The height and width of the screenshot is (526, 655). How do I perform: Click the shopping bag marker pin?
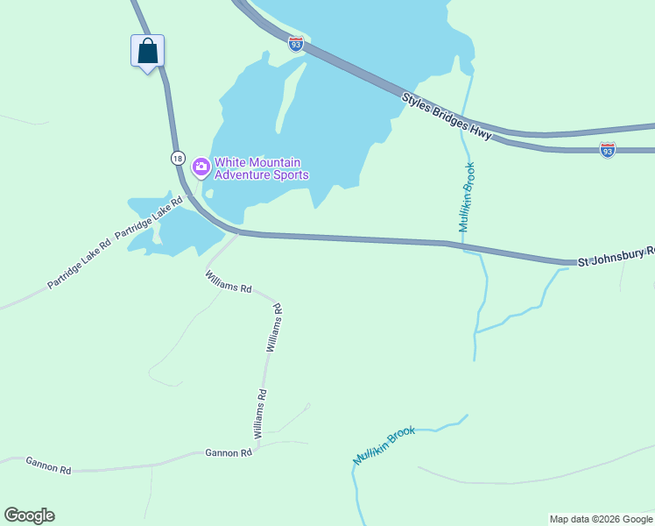(148, 52)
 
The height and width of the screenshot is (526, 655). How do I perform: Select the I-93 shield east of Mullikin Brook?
(608, 149)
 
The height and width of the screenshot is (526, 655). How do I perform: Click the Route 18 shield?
(178, 158)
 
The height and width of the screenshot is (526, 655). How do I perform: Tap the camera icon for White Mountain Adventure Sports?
(201, 166)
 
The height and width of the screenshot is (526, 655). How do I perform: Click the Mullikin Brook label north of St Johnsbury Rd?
(467, 197)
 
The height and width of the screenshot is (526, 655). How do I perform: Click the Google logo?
(29, 515)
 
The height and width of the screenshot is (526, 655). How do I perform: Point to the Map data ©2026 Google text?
(600, 519)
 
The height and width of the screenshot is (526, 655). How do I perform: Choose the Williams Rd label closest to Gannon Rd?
(260, 415)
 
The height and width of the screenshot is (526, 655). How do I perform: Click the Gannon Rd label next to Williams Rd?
(229, 452)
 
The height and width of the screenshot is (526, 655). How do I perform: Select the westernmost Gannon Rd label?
(48, 465)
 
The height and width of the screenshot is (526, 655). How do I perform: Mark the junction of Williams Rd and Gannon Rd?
(257, 448)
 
